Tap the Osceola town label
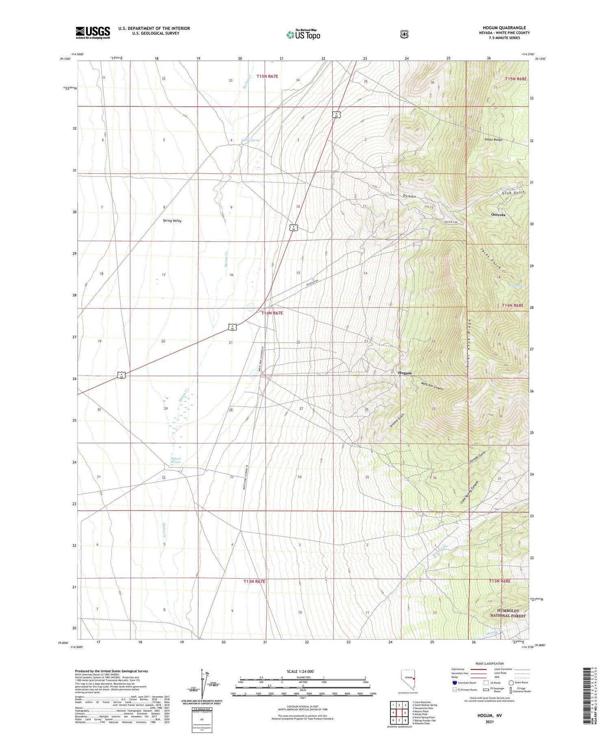coord(498,214)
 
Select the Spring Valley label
coord(172,221)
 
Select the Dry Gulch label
coord(409,196)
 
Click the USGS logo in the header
coord(93,33)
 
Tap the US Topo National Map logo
coord(303,35)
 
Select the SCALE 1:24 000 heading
coord(303,671)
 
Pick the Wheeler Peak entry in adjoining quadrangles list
coord(421,724)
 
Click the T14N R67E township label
coord(272,313)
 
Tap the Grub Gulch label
coord(513,193)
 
